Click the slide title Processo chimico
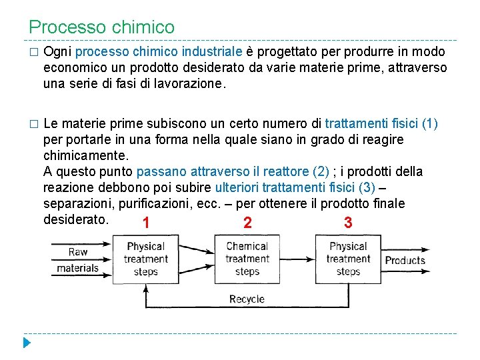pos(101,27)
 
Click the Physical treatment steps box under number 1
pos(145,259)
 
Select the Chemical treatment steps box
pos(247,259)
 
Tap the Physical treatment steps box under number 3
pos(348,259)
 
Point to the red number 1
pos(145,223)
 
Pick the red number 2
pos(247,223)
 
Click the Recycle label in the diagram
pos(247,299)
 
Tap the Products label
pos(405,260)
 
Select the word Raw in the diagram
pos(78,252)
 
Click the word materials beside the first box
pos(77,268)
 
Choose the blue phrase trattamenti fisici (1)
pos(381,124)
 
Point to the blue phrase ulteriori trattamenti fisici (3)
pos(295,188)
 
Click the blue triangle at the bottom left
pos(26,343)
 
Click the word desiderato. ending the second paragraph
pos(75,219)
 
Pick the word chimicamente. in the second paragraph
pos(85,156)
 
